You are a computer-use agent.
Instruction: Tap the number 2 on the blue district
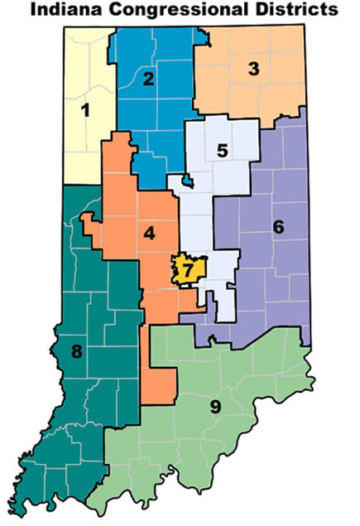149,80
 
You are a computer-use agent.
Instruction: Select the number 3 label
254,70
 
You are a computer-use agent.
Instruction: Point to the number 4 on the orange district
149,234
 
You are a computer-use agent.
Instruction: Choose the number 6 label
278,225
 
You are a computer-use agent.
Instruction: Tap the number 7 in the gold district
188,270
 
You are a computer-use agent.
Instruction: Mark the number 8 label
77,352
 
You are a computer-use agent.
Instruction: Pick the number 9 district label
214,406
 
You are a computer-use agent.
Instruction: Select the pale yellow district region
83,141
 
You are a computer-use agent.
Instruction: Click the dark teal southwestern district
66,398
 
